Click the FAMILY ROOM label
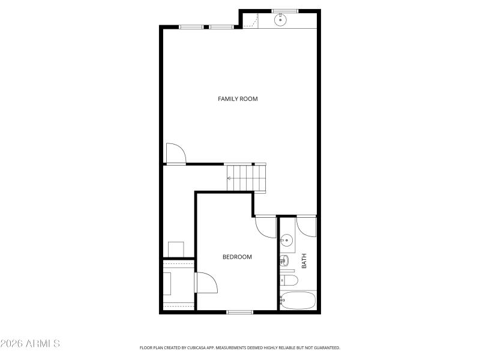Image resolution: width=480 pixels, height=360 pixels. click(x=238, y=99)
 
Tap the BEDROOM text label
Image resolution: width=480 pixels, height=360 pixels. click(x=237, y=257)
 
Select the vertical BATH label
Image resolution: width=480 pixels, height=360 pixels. click(x=304, y=261)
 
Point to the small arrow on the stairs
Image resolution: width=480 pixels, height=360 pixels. click(x=230, y=178)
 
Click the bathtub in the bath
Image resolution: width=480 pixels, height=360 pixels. click(x=298, y=300)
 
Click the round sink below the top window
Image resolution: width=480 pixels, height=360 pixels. click(x=280, y=20)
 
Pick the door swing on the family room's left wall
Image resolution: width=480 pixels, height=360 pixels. click(x=175, y=153)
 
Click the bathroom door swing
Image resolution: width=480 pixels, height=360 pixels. click(x=306, y=225)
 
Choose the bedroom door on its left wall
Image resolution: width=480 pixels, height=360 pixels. click(x=205, y=283)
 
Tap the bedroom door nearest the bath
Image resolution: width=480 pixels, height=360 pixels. click(x=265, y=226)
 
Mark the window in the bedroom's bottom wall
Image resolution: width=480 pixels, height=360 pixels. click(x=240, y=311)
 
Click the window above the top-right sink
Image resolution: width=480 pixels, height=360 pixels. click(x=285, y=11)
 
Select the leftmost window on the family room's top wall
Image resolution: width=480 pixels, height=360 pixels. click(x=191, y=27)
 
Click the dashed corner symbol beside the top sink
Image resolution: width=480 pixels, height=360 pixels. click(x=252, y=22)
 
